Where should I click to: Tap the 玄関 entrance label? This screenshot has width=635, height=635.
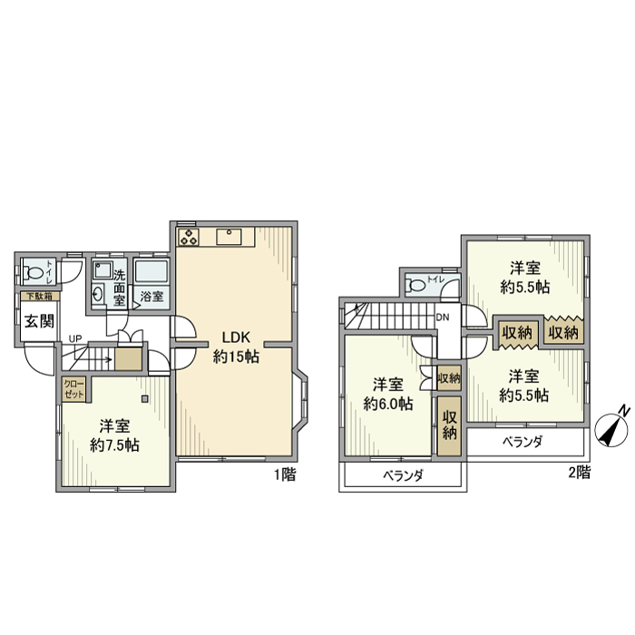click(x=39, y=320)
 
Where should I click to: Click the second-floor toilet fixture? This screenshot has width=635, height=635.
click(x=418, y=285)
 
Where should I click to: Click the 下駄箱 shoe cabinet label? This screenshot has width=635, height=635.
click(x=38, y=296)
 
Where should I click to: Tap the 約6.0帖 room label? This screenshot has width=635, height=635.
click(x=387, y=393)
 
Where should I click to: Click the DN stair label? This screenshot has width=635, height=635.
click(x=443, y=317)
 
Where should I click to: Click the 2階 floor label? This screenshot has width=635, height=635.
click(x=579, y=472)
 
